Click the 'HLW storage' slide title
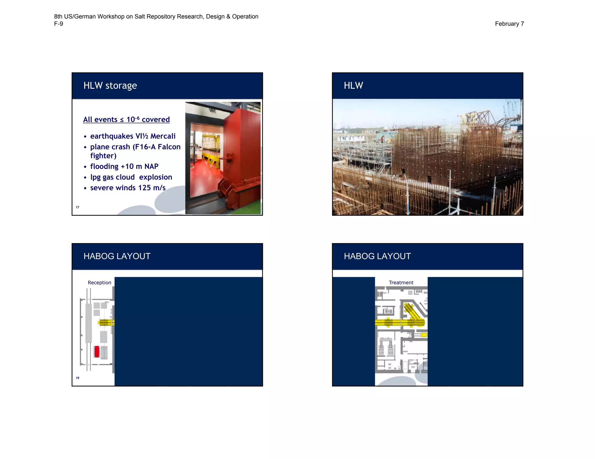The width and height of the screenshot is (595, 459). coord(110,86)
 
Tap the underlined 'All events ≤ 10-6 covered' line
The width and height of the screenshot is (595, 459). coord(126,120)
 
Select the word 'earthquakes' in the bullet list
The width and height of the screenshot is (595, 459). coord(112,136)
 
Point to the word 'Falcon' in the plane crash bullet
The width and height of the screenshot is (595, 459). coord(169,147)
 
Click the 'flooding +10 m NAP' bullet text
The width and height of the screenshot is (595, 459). coord(124,166)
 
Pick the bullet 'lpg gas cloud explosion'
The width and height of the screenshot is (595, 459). coord(131,177)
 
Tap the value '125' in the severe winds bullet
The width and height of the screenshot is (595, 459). coord(144,188)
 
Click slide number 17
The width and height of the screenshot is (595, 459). coord(78,207)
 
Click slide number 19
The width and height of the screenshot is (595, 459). coord(78,378)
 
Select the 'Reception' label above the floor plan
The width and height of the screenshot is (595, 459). coord(99,283)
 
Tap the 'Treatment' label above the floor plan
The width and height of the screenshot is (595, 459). coord(401,283)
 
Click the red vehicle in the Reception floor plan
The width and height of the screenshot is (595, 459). coord(97,352)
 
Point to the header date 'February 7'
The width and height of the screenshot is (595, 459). coord(509,24)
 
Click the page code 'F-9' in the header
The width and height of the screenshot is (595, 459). coord(58,24)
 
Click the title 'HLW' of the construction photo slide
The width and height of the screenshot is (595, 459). coord(353,86)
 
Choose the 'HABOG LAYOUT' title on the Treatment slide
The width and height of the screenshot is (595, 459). coord(377,256)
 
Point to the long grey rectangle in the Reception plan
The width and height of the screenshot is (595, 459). coord(89,323)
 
